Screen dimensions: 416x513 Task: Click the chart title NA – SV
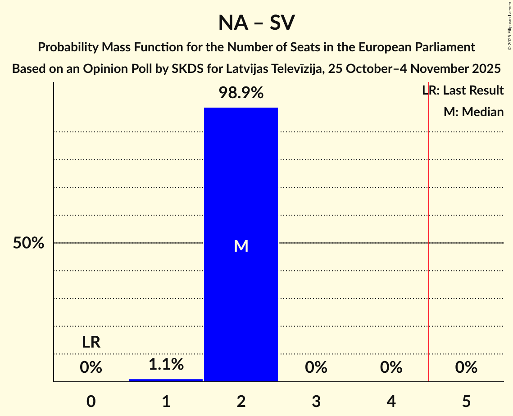coord(256,23)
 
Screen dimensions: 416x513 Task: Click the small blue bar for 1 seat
coord(166,380)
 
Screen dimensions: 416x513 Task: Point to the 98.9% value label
coord(241,93)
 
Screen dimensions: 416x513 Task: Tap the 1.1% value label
coord(166,364)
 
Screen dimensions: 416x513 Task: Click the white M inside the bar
coord(241,246)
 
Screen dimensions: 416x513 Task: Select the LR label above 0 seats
coord(91,343)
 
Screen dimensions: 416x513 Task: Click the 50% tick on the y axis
coord(28,243)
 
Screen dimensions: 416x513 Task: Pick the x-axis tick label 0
coord(91,401)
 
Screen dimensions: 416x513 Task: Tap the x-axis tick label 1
coord(166,401)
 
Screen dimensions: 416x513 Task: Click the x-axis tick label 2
coord(241,401)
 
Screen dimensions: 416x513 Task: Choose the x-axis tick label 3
coord(316,401)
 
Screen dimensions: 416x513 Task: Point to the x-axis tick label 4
coord(391,401)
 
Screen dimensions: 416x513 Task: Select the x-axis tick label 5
coord(466,401)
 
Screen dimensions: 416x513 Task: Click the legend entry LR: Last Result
coord(463,90)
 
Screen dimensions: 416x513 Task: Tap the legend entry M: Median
coord(473,112)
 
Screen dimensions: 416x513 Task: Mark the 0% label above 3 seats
coord(316,368)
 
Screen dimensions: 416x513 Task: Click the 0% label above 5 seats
coord(466,368)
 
